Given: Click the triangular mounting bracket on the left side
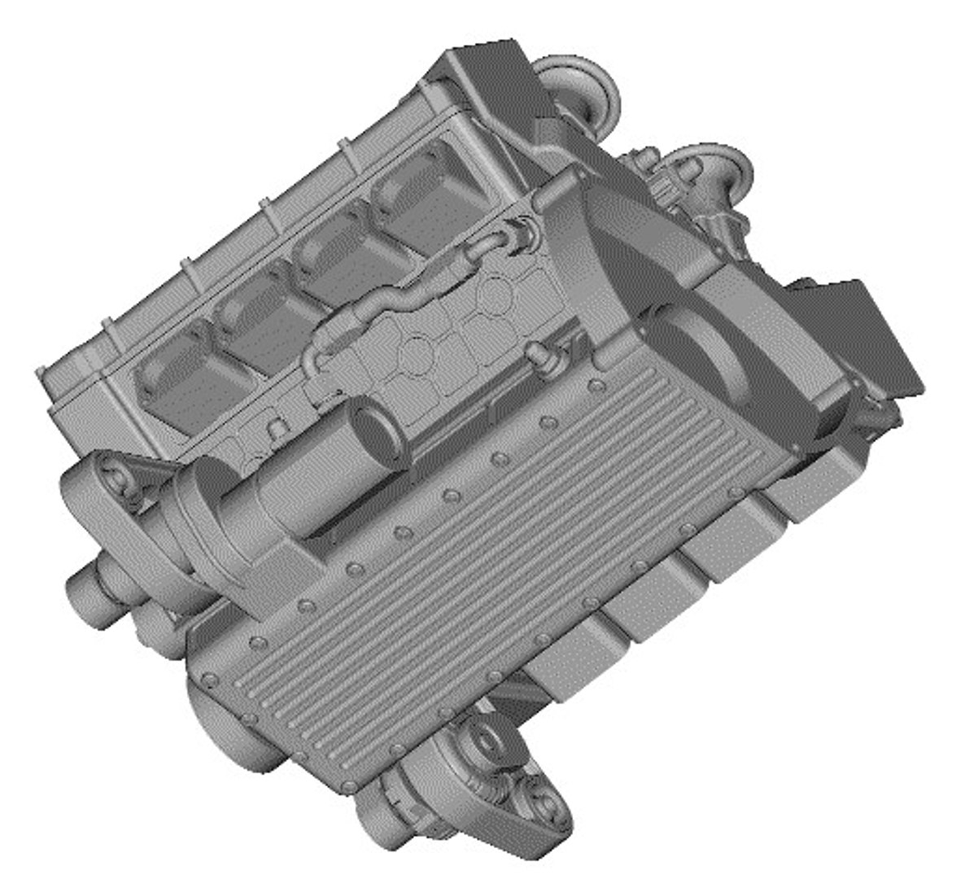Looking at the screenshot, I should pyautogui.click(x=106, y=488).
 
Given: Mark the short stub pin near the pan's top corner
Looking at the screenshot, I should pyautogui.click(x=537, y=353).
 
